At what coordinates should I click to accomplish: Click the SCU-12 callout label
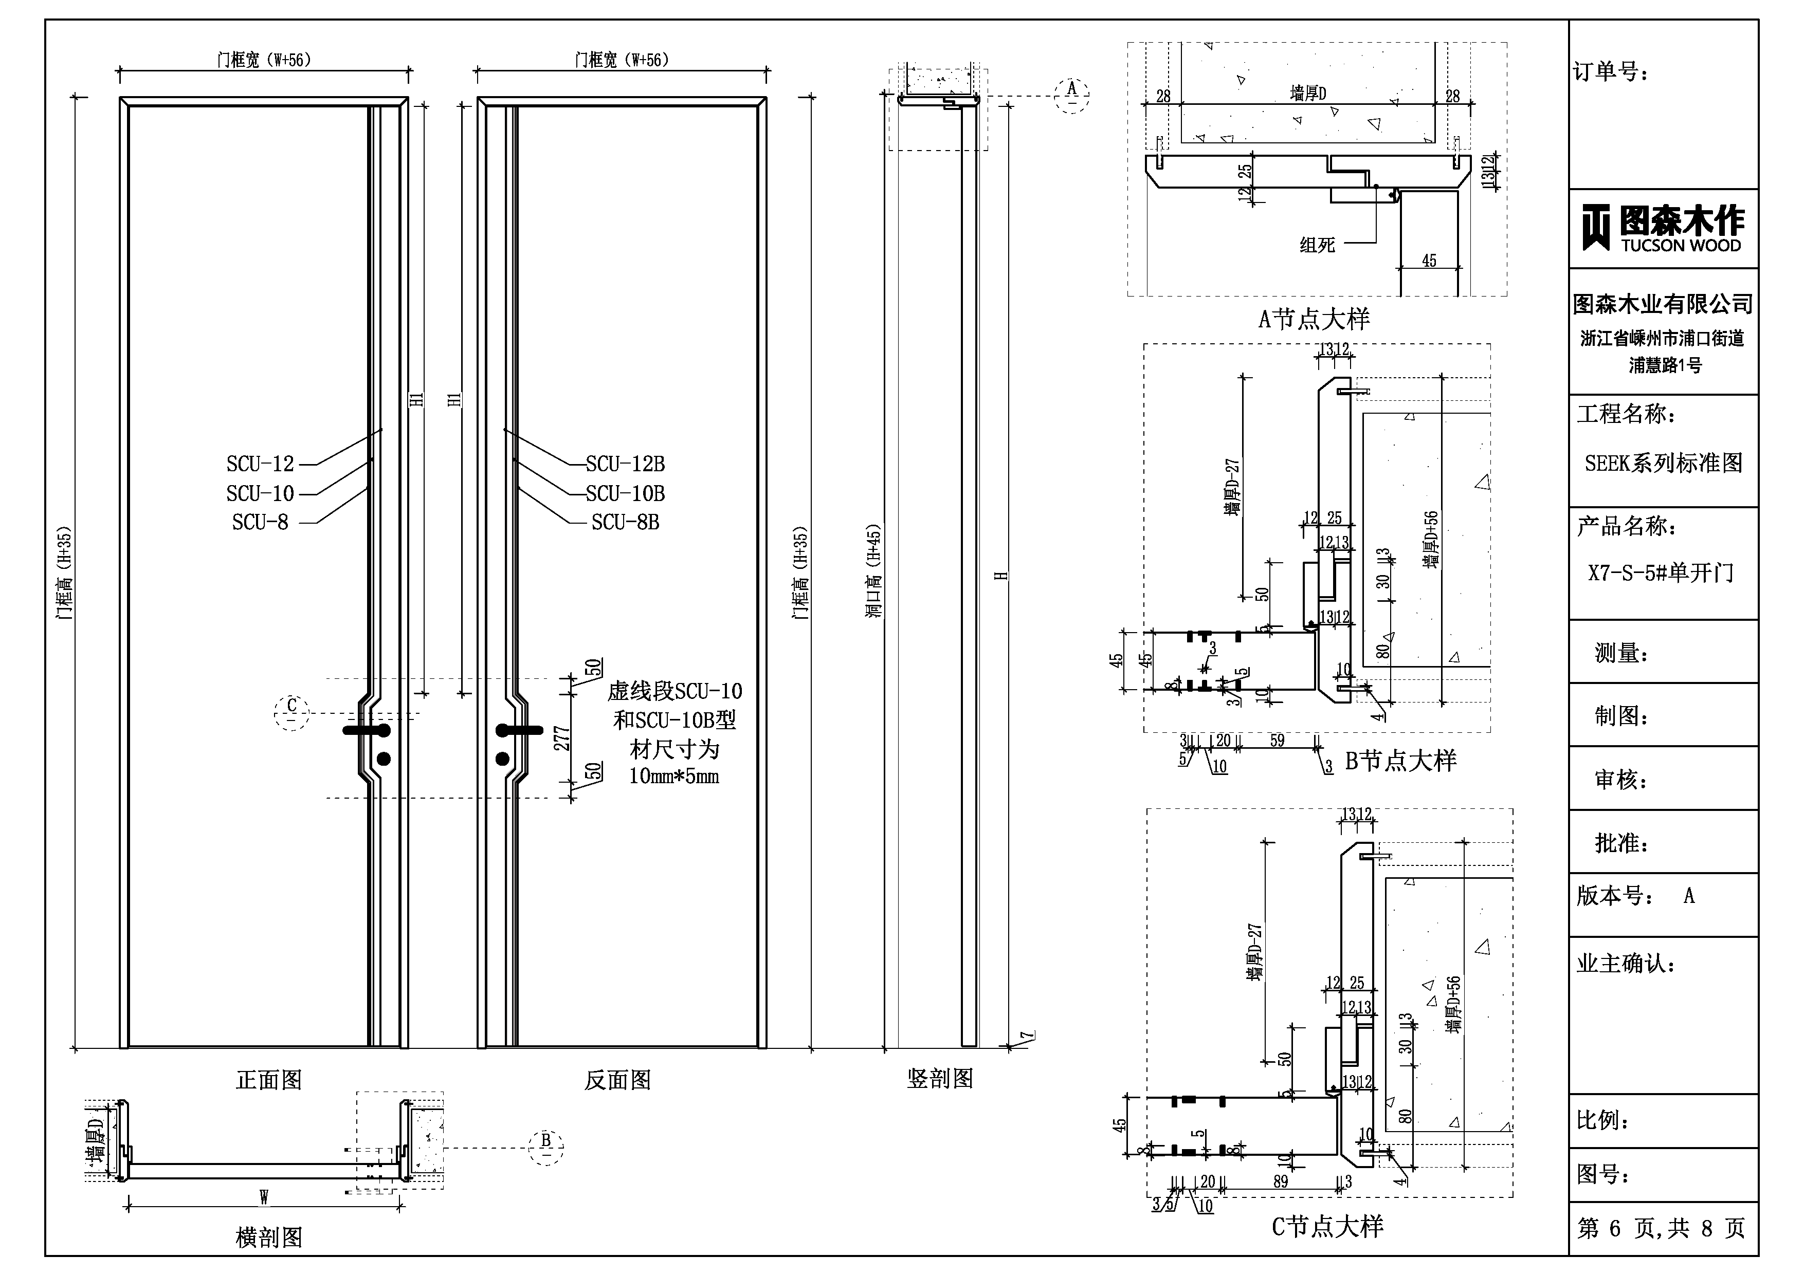pos(260,464)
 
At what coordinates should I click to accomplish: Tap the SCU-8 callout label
pos(260,523)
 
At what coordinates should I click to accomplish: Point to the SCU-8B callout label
pos(626,523)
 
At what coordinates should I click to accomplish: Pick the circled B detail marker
pos(546,1146)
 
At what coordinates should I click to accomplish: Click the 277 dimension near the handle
pos(561,738)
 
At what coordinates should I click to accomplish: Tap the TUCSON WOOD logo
pos(1663,228)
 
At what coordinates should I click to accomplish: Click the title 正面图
pos(269,1080)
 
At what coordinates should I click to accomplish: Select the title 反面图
pos(617,1080)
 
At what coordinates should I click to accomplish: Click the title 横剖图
pos(269,1237)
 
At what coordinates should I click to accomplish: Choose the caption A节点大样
pos(1314,319)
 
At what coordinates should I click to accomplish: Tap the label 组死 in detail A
pos(1318,245)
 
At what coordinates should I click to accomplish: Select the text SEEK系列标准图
pos(1663,464)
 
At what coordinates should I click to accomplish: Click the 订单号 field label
pos(1611,72)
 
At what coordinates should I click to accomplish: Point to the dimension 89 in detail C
pos(1281,1181)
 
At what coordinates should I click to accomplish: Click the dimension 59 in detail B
pos(1277,741)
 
